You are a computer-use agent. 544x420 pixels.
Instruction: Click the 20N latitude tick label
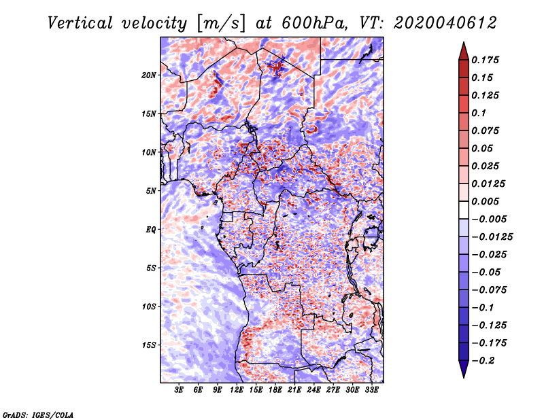click(x=148, y=75)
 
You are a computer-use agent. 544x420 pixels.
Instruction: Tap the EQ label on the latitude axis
click(x=151, y=230)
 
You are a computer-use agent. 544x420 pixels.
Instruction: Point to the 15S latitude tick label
click(x=148, y=345)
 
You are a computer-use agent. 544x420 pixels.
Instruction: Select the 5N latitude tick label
click(x=151, y=191)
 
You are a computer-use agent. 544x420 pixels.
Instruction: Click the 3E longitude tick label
click(x=179, y=390)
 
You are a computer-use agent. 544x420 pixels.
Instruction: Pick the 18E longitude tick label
click(x=275, y=390)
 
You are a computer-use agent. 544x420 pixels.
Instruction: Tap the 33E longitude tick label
click(x=371, y=390)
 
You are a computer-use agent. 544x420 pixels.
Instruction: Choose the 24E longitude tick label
click(x=313, y=390)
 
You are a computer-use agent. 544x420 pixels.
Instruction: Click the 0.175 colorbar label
click(x=485, y=60)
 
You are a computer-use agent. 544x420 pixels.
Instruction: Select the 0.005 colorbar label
click(x=485, y=201)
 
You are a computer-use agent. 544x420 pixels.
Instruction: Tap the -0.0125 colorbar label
click(x=492, y=237)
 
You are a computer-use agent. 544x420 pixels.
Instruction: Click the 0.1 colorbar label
click(x=479, y=113)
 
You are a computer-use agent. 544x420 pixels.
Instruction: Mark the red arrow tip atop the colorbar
click(x=464, y=42)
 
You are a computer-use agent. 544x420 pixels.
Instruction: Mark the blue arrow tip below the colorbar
click(x=464, y=377)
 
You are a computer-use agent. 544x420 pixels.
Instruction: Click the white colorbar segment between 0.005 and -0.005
click(x=464, y=210)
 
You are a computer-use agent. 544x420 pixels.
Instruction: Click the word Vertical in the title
click(x=80, y=23)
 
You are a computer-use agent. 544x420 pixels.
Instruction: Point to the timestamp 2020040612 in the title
click(x=445, y=23)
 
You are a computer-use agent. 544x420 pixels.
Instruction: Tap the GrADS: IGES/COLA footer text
click(x=38, y=415)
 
